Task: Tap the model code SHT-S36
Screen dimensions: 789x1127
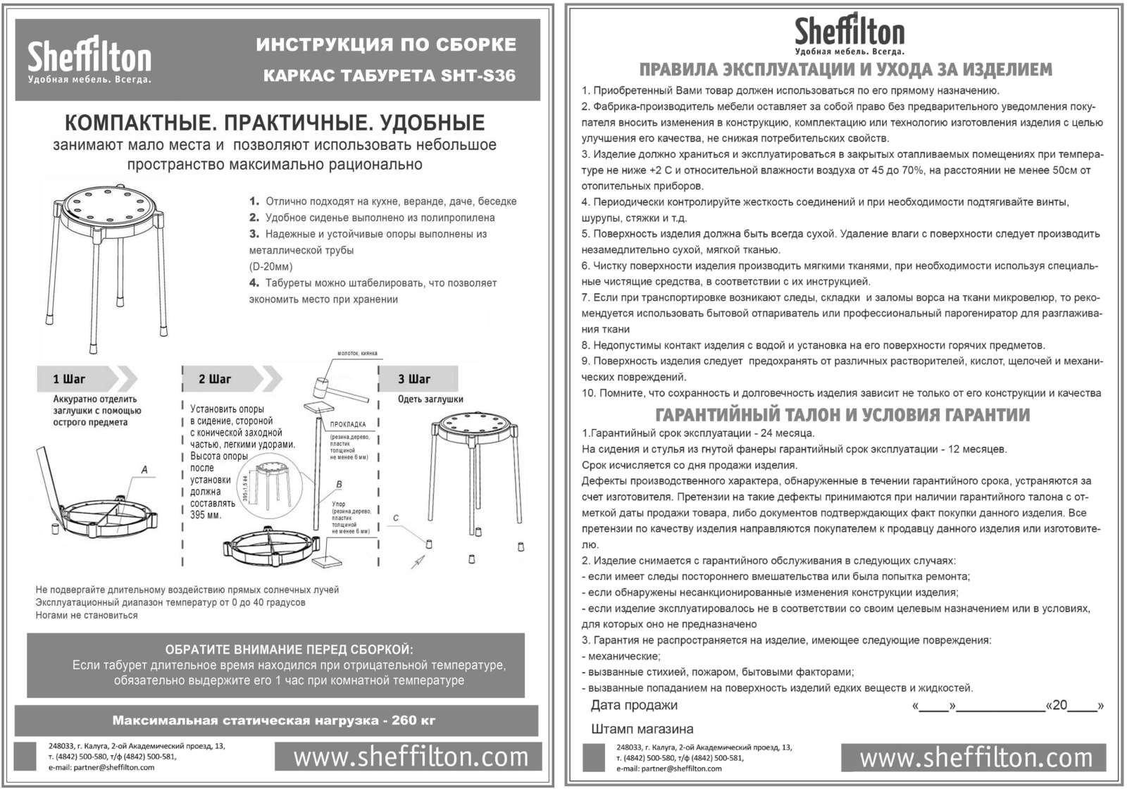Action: [479, 76]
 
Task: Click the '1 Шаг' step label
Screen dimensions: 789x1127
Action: [69, 379]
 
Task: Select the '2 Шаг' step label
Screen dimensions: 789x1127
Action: [215, 379]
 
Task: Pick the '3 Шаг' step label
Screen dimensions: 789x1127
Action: [414, 379]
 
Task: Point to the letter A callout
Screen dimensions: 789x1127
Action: [144, 470]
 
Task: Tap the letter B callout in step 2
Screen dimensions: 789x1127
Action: [339, 485]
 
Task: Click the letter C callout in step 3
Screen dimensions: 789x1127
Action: [396, 518]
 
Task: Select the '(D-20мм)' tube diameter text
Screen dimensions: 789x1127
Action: [270, 267]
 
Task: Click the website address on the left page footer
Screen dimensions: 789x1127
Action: [411, 757]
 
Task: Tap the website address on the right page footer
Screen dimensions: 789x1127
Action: [976, 758]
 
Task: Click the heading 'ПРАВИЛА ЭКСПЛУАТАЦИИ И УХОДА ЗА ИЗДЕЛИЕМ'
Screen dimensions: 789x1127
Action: [845, 70]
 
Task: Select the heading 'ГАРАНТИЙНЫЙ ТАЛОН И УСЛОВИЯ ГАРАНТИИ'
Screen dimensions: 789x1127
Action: [842, 415]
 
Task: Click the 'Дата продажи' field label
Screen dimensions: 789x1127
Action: [634, 705]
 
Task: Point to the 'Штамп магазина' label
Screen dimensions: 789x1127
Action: [642, 729]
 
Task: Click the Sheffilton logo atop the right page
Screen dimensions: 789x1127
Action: [849, 34]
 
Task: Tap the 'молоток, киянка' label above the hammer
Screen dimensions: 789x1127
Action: [357, 353]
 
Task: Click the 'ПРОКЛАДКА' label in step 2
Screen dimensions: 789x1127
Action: [348, 424]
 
